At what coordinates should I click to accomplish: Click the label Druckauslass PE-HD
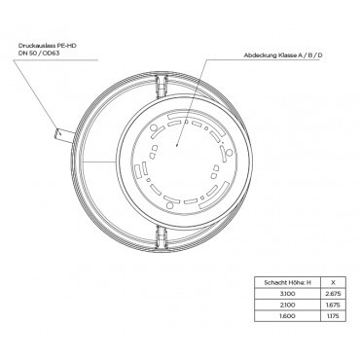[48, 46]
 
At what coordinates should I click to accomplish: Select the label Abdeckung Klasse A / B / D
[283, 55]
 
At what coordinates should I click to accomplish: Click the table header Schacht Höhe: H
[287, 282]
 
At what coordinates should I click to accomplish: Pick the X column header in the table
[333, 282]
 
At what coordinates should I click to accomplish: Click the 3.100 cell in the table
[287, 294]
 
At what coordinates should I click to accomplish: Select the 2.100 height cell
[287, 306]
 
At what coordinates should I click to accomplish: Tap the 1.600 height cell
[287, 316]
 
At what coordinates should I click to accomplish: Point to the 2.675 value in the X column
[333, 294]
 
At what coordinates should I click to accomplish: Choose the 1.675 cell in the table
[333, 306]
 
